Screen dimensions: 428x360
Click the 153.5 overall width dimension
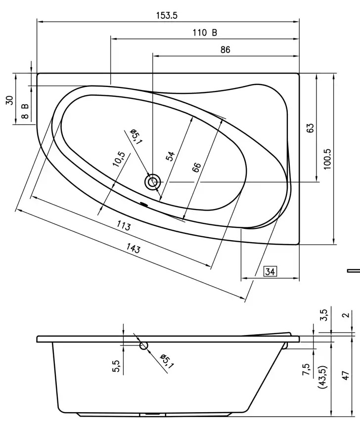pyautogui.click(x=167, y=15)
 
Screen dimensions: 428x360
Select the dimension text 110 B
pyautogui.click(x=205, y=33)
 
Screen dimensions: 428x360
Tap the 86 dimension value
pyautogui.click(x=225, y=49)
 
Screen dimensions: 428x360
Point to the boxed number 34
pyautogui.click(x=270, y=271)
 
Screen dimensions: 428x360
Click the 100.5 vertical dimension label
pyautogui.click(x=327, y=159)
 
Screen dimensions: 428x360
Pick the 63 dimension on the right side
pyautogui.click(x=310, y=128)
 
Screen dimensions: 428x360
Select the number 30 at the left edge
pyautogui.click(x=9, y=100)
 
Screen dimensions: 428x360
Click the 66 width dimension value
pyautogui.click(x=196, y=167)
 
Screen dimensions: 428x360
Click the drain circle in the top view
pyautogui.click(x=152, y=182)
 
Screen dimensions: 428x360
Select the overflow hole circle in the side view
pyautogui.click(x=144, y=345)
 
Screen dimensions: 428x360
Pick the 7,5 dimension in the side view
pyautogui.click(x=306, y=369)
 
